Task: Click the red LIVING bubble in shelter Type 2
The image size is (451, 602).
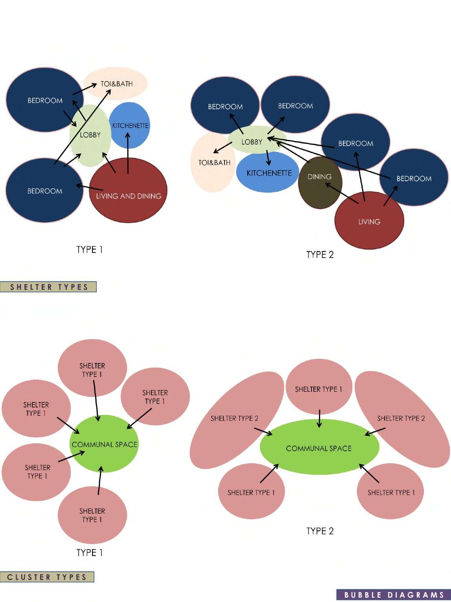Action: (x=369, y=226)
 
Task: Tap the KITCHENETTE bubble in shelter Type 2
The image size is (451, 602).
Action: (x=269, y=177)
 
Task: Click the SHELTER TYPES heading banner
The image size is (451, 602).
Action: (x=48, y=287)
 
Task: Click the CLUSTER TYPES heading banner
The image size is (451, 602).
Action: (x=47, y=577)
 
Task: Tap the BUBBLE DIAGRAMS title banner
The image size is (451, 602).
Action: (x=394, y=595)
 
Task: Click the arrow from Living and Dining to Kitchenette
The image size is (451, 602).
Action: (x=128, y=153)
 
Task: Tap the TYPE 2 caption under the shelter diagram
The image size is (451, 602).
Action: (x=320, y=255)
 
